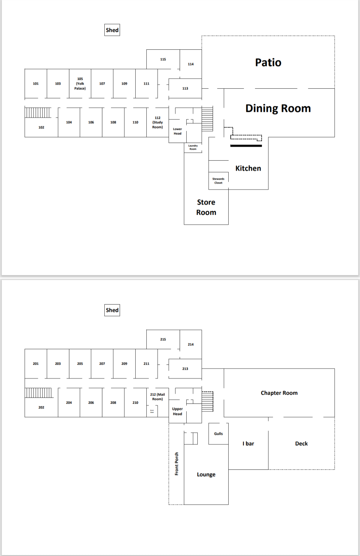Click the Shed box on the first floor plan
(112, 30)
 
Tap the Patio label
(268, 63)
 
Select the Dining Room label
(278, 108)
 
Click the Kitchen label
(248, 168)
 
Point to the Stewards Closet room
(218, 181)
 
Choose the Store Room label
(206, 207)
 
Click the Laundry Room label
(193, 147)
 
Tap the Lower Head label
(177, 131)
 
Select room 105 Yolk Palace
(80, 84)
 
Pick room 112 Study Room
(157, 122)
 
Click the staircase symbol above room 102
(38, 113)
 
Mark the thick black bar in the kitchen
(246, 146)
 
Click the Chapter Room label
(279, 393)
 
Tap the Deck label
(301, 443)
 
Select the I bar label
(248, 443)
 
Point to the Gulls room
(218, 433)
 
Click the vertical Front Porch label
(177, 463)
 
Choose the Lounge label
(206, 474)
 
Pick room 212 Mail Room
(157, 396)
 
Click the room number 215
(163, 339)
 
